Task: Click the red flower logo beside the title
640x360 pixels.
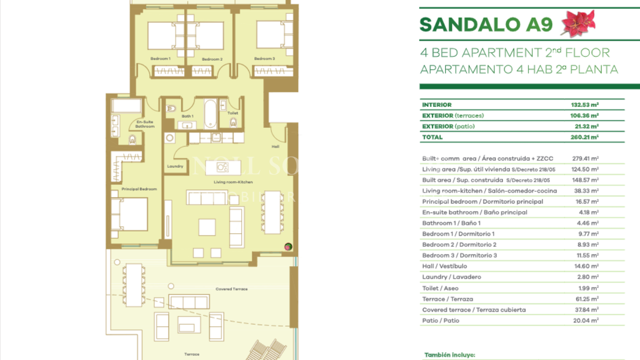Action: [x=579, y=23]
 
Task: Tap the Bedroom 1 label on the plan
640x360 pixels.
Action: [x=160, y=59]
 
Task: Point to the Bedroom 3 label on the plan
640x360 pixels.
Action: [x=264, y=59]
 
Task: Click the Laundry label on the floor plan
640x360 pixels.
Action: [x=175, y=166]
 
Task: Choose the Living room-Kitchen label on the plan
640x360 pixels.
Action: [x=233, y=182]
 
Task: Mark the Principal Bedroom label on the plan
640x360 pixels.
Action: [x=139, y=189]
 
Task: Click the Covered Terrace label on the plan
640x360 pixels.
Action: [x=231, y=289]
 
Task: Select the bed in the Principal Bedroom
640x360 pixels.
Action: [x=130, y=214]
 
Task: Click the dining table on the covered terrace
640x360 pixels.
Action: [x=134, y=285]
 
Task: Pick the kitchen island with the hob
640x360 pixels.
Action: [x=223, y=167]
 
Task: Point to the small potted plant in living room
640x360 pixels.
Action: [x=288, y=247]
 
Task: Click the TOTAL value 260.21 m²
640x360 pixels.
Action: [x=585, y=137]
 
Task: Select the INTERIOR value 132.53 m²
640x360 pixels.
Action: [x=585, y=105]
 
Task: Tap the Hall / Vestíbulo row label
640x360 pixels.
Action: [x=444, y=267]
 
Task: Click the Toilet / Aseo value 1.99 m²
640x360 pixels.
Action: [x=587, y=288]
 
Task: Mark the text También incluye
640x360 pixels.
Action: [x=449, y=355]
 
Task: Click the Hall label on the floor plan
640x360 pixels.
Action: [x=275, y=147]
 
